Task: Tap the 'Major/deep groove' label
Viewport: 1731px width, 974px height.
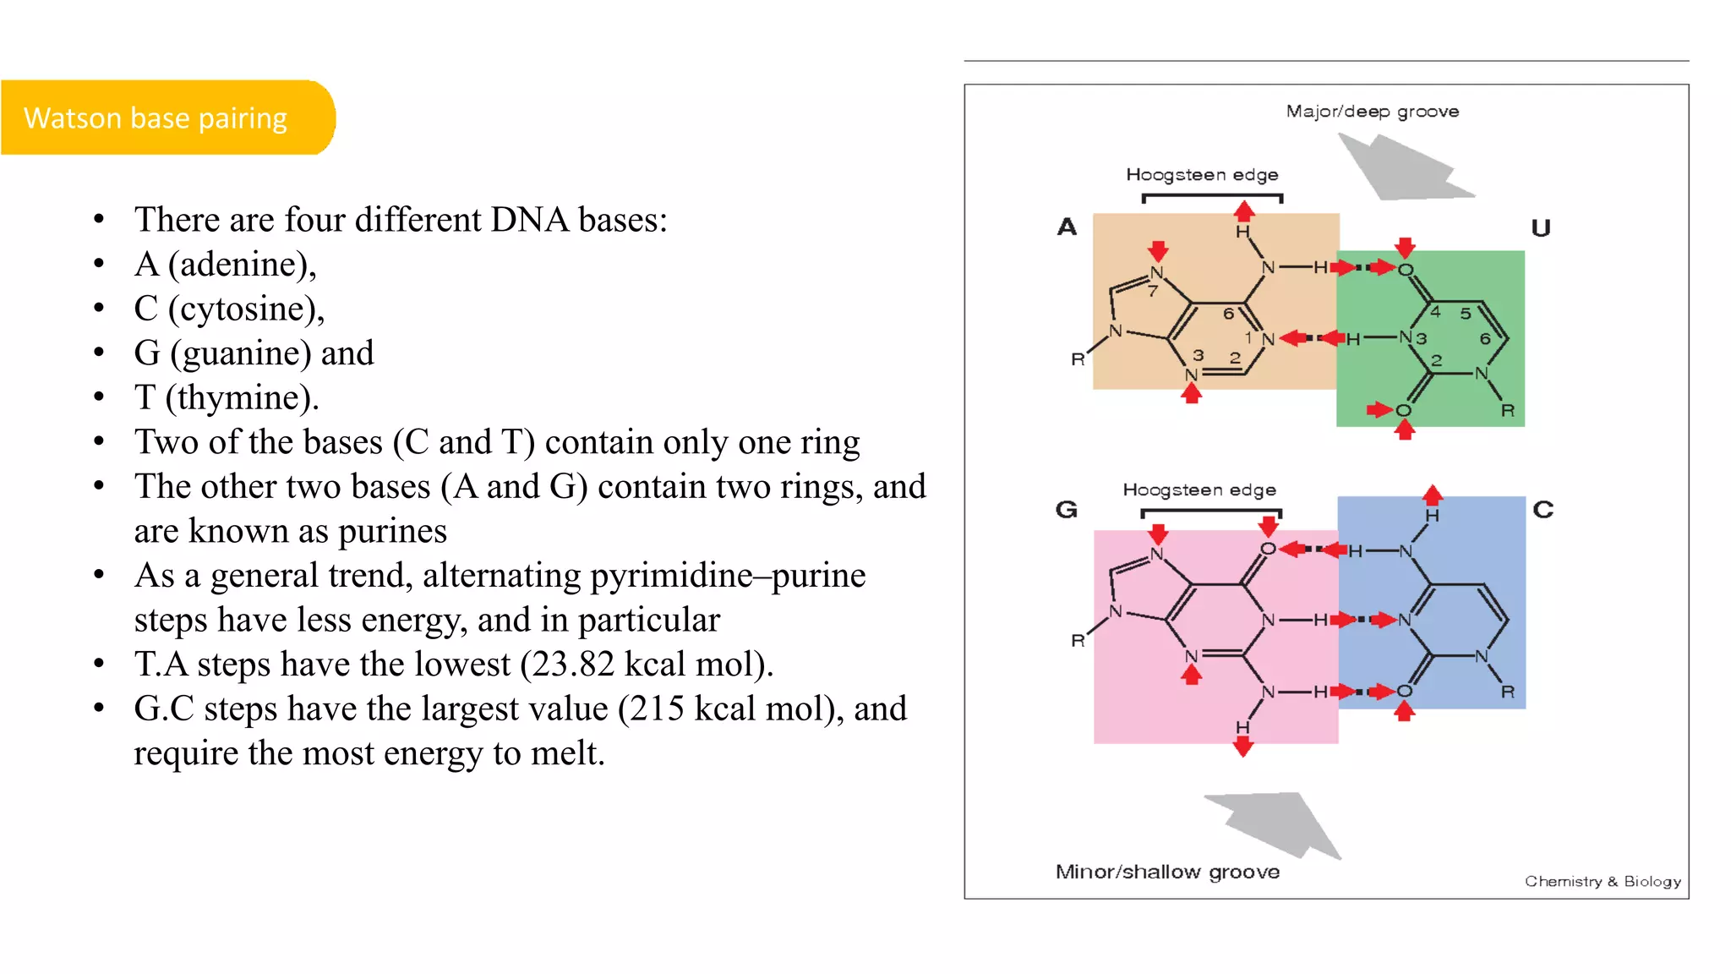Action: tap(1372, 112)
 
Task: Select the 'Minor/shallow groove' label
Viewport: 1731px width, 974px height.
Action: tap(1167, 872)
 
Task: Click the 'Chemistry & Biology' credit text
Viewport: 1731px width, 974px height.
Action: tap(1602, 881)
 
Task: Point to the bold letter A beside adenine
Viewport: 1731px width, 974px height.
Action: tap(1067, 227)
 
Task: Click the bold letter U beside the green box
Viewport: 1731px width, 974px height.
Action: tap(1541, 227)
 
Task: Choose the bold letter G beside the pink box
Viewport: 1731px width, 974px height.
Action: tap(1067, 509)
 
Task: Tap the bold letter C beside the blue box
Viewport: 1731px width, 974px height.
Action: tap(1543, 509)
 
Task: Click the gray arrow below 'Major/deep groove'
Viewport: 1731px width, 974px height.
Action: tap(1404, 169)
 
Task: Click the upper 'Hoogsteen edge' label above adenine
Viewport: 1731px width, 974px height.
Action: tap(1201, 175)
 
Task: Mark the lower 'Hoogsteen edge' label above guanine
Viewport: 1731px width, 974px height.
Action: tap(1199, 490)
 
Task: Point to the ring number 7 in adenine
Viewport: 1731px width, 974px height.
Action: tap(1152, 292)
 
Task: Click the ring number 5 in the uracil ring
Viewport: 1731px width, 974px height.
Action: tap(1466, 313)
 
